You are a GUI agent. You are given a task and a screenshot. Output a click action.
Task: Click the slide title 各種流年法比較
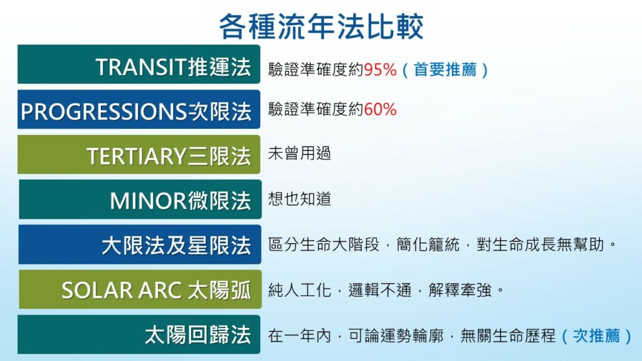pyautogui.click(x=321, y=26)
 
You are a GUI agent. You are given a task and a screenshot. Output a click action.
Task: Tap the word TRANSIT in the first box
pyautogui.click(x=141, y=66)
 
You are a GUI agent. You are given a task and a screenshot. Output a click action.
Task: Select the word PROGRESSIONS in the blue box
pyautogui.click(x=104, y=112)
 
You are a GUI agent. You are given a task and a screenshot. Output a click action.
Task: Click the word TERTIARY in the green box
pyautogui.click(x=137, y=156)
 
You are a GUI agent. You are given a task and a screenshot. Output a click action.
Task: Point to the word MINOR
pyautogui.click(x=148, y=201)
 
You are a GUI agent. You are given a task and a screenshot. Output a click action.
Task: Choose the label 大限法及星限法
pyautogui.click(x=176, y=246)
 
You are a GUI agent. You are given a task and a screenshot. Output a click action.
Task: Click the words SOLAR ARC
pyautogui.click(x=121, y=291)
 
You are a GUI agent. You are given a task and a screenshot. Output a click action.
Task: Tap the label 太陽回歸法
pyautogui.click(x=197, y=335)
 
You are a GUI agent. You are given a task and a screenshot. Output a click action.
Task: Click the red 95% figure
pyautogui.click(x=381, y=70)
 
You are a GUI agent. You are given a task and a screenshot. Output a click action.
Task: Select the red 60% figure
pyautogui.click(x=381, y=109)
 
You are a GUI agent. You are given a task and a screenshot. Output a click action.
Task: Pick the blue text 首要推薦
pyautogui.click(x=445, y=70)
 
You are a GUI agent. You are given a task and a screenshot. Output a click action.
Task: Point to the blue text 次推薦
pyautogui.click(x=597, y=336)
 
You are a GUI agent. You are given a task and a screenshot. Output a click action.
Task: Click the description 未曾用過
pyautogui.click(x=300, y=154)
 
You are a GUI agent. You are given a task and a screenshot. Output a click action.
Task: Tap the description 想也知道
pyautogui.click(x=300, y=199)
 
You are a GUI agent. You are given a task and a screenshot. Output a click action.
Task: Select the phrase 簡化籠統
pyautogui.click(x=428, y=244)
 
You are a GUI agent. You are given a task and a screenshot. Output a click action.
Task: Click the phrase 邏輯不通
pyautogui.click(x=380, y=290)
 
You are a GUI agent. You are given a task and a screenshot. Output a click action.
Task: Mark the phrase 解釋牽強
pyautogui.click(x=460, y=290)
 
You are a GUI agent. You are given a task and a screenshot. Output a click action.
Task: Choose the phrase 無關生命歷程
pyautogui.click(x=508, y=336)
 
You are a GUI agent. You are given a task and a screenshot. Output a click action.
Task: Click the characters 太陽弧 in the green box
pyautogui.click(x=219, y=291)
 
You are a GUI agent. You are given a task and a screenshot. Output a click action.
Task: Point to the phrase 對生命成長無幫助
pyautogui.click(x=540, y=244)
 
